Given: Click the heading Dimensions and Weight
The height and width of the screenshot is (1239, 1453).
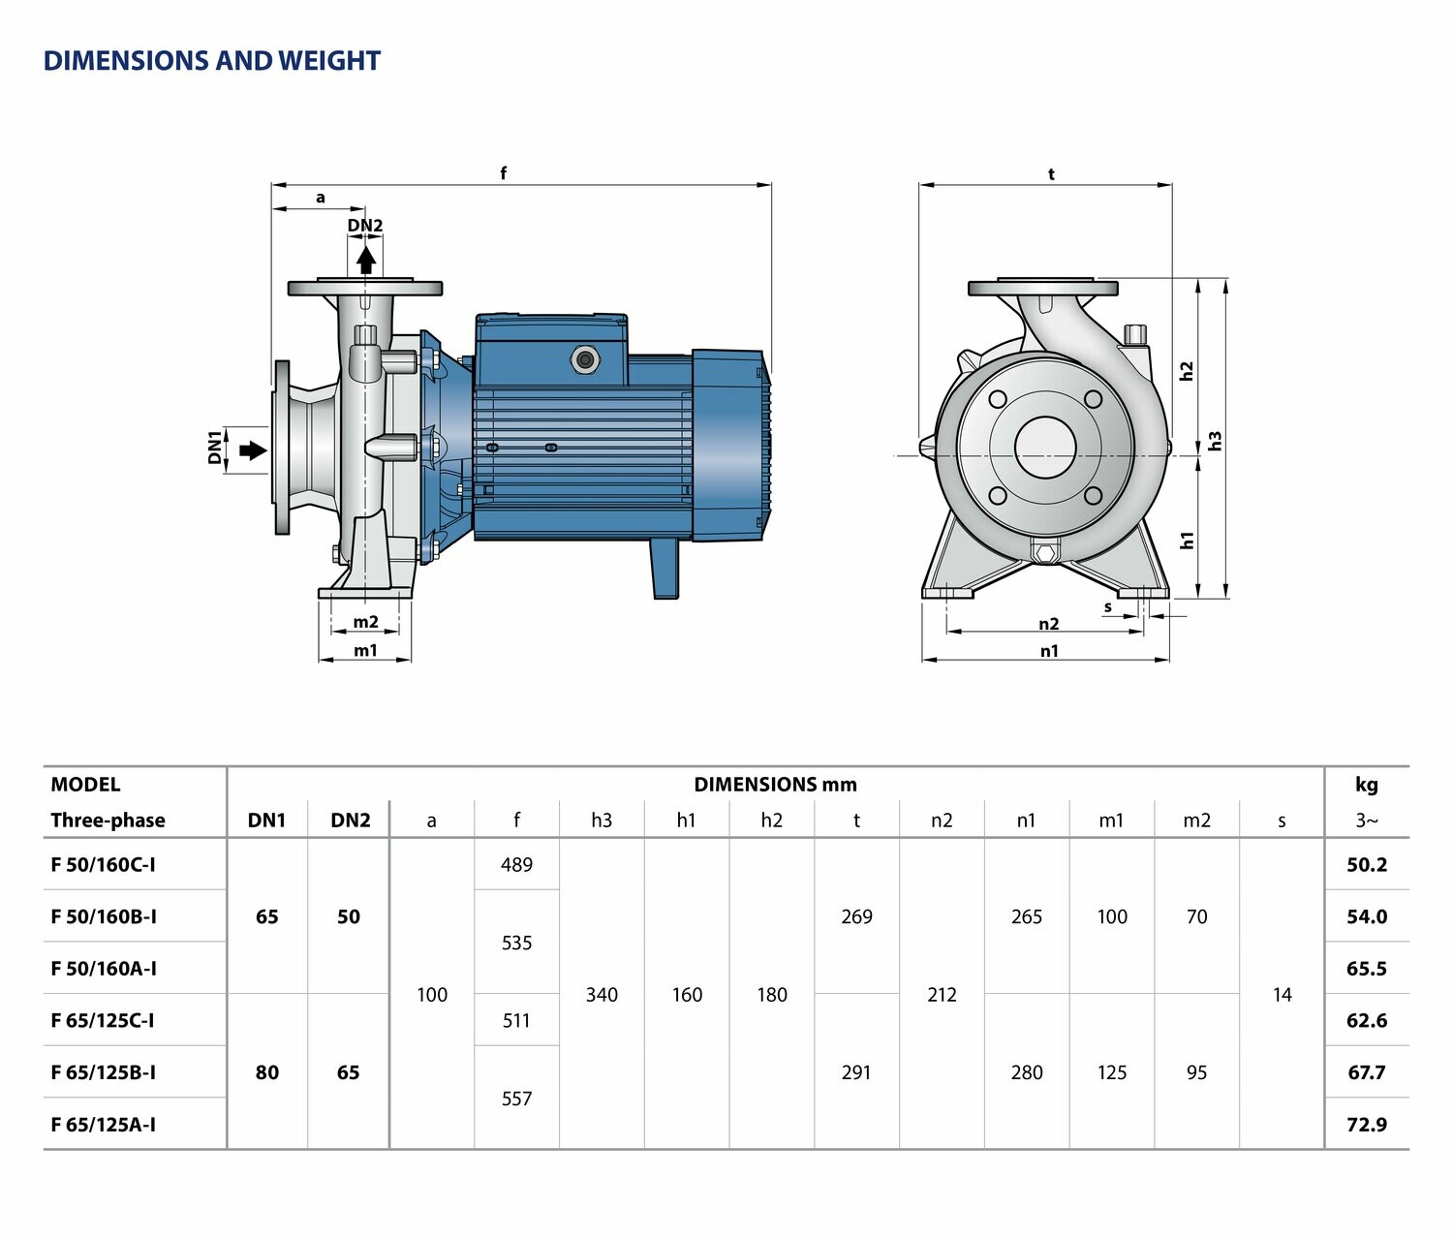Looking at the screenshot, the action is click(211, 60).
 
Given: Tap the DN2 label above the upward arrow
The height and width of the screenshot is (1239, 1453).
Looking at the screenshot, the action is click(365, 225).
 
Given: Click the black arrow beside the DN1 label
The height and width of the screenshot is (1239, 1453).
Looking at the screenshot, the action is click(253, 450).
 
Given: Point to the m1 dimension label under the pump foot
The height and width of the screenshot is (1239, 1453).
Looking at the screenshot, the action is click(365, 650).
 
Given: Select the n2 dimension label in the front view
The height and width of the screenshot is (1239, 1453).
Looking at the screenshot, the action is click(1049, 624).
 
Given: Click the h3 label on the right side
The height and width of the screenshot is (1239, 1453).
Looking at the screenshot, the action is click(1215, 441).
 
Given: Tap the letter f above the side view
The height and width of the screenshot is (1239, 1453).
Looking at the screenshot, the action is click(504, 173).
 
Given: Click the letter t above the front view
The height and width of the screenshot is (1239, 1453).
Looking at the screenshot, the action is click(1051, 173).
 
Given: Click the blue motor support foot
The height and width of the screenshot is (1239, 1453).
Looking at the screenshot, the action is click(665, 569).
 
